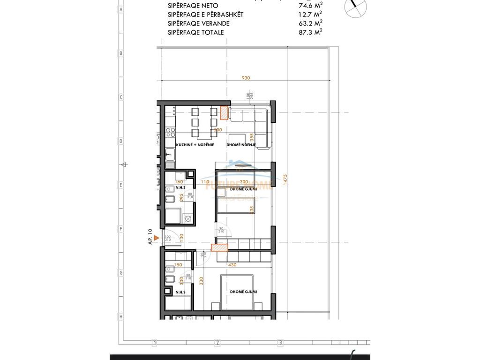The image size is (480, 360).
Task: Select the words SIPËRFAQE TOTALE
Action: [196, 32]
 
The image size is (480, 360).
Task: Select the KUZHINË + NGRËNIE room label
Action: [195, 145]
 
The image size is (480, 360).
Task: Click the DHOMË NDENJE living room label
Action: [241, 145]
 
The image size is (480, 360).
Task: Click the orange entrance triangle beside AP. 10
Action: [157, 238]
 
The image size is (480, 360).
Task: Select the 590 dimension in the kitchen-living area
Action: [218, 130]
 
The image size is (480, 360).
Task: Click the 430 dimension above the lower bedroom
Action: [232, 265]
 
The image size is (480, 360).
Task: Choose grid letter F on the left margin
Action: [120, 229]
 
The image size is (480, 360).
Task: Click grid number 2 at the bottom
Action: [217, 343]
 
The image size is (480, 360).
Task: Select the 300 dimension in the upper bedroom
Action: [243, 182]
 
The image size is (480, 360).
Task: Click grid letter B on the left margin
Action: [120, 53]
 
